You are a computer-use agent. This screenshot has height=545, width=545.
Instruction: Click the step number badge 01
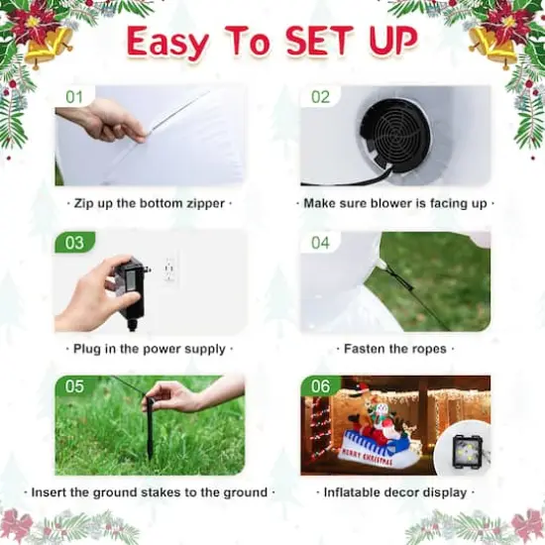pos(74,97)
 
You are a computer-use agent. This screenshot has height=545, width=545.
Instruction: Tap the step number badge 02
pos(320,97)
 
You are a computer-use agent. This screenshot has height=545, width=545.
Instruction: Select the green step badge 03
pos(74,243)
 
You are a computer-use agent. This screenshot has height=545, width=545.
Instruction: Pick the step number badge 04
pos(320,243)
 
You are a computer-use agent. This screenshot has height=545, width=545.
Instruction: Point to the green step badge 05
pos(74,387)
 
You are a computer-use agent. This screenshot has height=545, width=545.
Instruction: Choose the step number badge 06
pos(320,387)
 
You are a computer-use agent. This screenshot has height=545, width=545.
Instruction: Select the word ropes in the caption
pos(424,349)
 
